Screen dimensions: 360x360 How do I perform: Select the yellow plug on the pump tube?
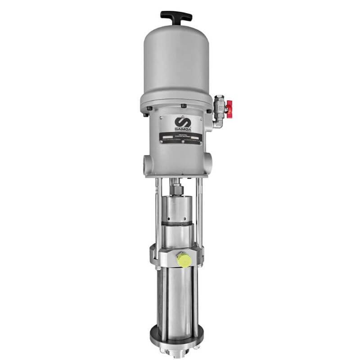(183, 259)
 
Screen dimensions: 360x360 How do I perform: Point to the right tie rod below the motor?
(200, 211)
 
